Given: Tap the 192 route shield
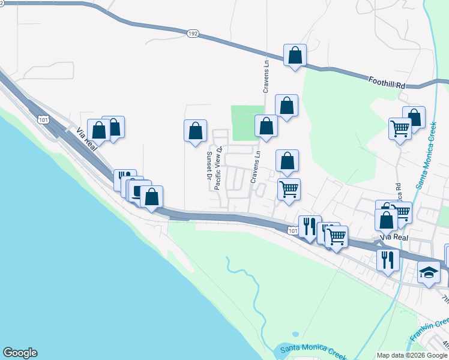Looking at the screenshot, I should [x=192, y=34].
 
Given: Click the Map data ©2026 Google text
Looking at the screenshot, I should [x=412, y=355].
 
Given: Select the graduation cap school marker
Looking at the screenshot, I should [x=429, y=274].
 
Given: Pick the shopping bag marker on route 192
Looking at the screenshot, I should [x=295, y=56].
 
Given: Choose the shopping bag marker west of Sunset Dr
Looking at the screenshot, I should [x=195, y=131].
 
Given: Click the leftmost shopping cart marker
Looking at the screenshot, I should [x=289, y=190].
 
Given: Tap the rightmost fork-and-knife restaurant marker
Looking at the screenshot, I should [x=387, y=259].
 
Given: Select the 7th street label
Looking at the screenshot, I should [x=445, y=299].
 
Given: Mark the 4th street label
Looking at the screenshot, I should [x=445, y=345].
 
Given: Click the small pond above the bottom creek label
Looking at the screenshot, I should [x=295, y=334].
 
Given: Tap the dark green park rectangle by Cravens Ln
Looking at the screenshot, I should [x=246, y=122].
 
